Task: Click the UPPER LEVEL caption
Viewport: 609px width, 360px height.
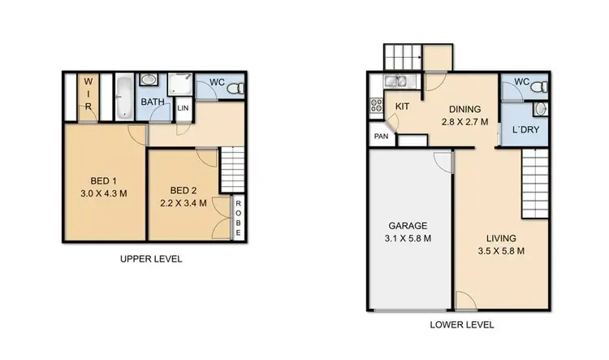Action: [x=151, y=259]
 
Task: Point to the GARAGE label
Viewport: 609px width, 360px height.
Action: [x=408, y=226]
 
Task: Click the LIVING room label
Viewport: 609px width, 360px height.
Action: [x=501, y=237]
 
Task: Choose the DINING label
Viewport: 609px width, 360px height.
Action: [x=465, y=110]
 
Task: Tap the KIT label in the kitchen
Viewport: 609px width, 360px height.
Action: [x=402, y=106]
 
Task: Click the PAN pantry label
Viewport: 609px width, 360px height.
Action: [x=380, y=137]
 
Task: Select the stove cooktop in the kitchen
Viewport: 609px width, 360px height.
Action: [x=377, y=106]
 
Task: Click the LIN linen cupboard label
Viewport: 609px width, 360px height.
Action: [x=183, y=108]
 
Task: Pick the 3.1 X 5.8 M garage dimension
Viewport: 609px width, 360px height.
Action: [x=408, y=238]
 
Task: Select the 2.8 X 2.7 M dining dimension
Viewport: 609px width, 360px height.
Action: [x=465, y=123]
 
